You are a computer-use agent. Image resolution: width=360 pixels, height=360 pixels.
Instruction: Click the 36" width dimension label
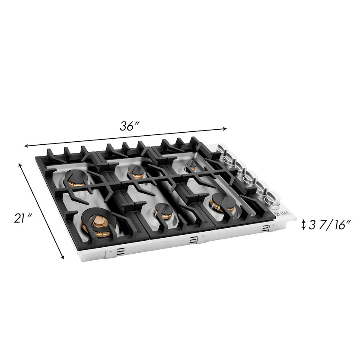pos(129,126)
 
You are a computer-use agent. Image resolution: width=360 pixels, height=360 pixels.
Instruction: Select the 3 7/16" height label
pos(330,224)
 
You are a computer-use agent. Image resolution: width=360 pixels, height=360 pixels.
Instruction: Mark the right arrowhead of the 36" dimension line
pos(225,128)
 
